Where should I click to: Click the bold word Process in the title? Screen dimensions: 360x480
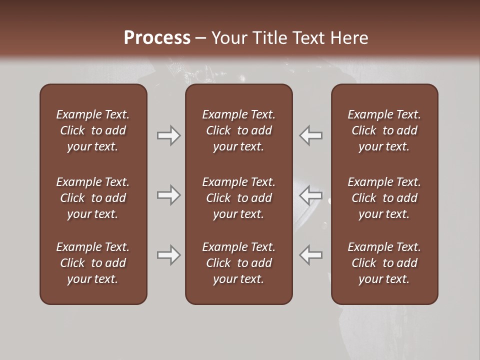(x=157, y=38)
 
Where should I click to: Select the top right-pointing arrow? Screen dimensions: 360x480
(x=168, y=135)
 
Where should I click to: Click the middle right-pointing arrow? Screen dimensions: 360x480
(x=168, y=195)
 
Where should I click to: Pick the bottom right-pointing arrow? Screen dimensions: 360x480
(x=168, y=255)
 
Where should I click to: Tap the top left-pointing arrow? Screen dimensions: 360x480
(x=310, y=135)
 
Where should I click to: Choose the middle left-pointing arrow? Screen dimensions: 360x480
(x=310, y=195)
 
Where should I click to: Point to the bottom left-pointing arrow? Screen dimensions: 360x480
(x=310, y=255)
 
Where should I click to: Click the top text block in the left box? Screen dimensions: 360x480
(x=93, y=130)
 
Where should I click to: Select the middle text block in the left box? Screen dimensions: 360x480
(x=93, y=198)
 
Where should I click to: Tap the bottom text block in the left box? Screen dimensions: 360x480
(x=93, y=263)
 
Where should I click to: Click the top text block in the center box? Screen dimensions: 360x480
(x=239, y=130)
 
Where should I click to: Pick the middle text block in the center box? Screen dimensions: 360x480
(x=239, y=198)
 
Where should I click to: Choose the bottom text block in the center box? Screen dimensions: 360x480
(x=239, y=263)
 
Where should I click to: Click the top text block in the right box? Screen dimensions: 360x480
(x=384, y=130)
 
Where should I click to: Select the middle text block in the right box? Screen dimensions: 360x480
(x=384, y=198)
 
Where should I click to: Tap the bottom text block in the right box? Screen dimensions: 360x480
(x=384, y=263)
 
